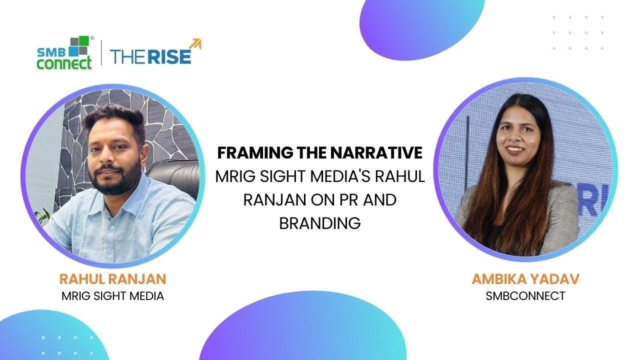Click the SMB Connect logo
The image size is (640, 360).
[65, 52]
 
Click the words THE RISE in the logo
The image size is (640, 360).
[150, 56]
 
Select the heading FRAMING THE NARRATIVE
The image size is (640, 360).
[320, 153]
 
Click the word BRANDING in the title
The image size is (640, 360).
[320, 223]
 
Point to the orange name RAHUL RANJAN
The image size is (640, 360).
[112, 279]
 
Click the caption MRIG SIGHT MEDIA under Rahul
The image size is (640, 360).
[112, 296]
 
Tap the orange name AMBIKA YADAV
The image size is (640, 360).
[525, 279]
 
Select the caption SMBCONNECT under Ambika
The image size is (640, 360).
[525, 296]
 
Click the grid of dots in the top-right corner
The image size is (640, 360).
[578, 33]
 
